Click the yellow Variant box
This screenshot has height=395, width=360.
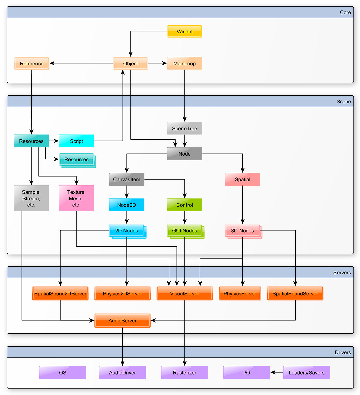[x=184, y=31]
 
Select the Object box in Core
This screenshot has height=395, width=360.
[x=130, y=63]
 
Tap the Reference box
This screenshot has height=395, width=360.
[x=32, y=63]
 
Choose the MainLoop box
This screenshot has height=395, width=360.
[x=184, y=63]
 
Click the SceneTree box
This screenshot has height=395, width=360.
[x=184, y=128]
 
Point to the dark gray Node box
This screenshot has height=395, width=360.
[x=184, y=154]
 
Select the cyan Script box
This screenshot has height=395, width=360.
[x=76, y=141]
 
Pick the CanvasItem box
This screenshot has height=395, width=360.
[x=127, y=179]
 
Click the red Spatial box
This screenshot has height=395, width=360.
[x=242, y=179]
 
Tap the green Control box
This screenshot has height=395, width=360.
[x=184, y=205]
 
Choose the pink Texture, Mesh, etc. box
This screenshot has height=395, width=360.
[x=76, y=198]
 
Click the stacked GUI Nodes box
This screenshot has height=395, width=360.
[x=185, y=231]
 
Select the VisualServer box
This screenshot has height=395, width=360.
[x=184, y=294]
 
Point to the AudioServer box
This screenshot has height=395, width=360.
[x=122, y=321]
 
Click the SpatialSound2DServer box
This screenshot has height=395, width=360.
[x=60, y=294]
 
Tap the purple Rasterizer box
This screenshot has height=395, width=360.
[x=184, y=373]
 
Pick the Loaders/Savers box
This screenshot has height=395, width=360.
[x=306, y=373]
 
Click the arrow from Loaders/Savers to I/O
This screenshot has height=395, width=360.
[x=277, y=372]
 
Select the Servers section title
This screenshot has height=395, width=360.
[x=342, y=273]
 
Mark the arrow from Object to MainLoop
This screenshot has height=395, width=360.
[x=157, y=63]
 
